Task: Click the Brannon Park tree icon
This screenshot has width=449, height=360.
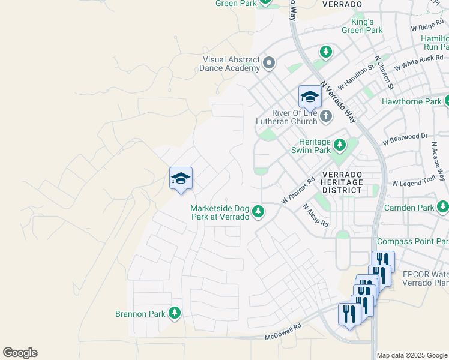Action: tap(175, 313)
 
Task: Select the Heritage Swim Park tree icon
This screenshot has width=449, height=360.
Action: tap(340, 145)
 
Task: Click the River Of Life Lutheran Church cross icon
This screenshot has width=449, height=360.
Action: tap(325, 116)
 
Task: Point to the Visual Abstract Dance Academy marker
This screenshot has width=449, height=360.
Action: tap(269, 62)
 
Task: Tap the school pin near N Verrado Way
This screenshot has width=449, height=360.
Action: tap(310, 97)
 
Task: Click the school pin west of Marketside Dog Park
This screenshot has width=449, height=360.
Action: tap(181, 179)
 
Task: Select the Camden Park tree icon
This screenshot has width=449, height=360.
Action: tap(443, 208)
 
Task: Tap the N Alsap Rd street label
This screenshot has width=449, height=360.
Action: tap(316, 215)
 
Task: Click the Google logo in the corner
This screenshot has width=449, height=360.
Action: tap(20, 353)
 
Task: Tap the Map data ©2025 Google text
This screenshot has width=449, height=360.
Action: tap(412, 355)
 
